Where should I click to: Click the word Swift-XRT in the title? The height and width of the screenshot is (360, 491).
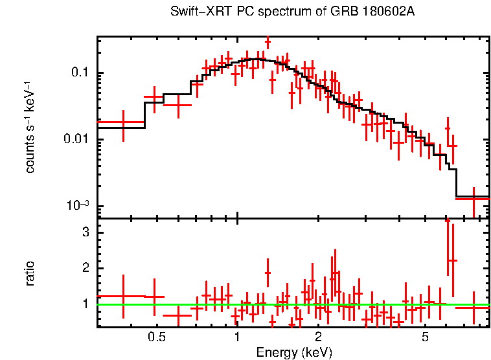193,12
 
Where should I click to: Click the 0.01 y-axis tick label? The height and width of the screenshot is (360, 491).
76,140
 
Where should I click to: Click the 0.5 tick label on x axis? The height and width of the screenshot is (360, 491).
155,337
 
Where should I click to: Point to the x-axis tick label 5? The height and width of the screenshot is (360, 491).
425,337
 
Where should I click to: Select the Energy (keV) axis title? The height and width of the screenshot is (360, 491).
293,352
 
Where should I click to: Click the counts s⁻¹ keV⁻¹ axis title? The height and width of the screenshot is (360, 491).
30,127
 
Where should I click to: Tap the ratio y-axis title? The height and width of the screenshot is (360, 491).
30,273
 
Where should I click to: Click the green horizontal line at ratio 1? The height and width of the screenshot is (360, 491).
259,304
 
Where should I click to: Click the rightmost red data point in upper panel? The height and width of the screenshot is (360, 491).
474,199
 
